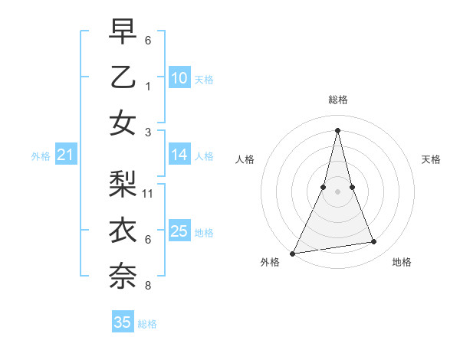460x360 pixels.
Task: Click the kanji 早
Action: [x=123, y=32]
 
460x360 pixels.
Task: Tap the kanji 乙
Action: [x=123, y=77]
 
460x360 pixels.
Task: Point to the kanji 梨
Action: [x=123, y=185]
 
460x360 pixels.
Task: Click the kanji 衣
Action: [x=123, y=230]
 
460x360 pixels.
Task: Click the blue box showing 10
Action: [x=179, y=78]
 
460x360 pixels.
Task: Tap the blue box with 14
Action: [x=179, y=155]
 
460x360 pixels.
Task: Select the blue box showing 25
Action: [x=179, y=231]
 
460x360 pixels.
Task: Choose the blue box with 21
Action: [x=65, y=155]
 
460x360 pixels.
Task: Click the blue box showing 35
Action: [x=123, y=322]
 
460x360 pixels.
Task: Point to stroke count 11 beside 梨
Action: [x=148, y=194]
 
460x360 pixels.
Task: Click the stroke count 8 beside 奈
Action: [x=148, y=286]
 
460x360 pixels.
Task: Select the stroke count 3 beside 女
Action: [x=148, y=133]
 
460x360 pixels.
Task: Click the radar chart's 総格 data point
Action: [x=337, y=129]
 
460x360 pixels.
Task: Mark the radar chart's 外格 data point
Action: [x=292, y=253]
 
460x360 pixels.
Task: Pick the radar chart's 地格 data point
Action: [x=374, y=242]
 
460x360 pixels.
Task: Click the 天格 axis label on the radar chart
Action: [x=431, y=159]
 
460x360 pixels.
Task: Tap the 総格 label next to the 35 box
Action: [x=147, y=324]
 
